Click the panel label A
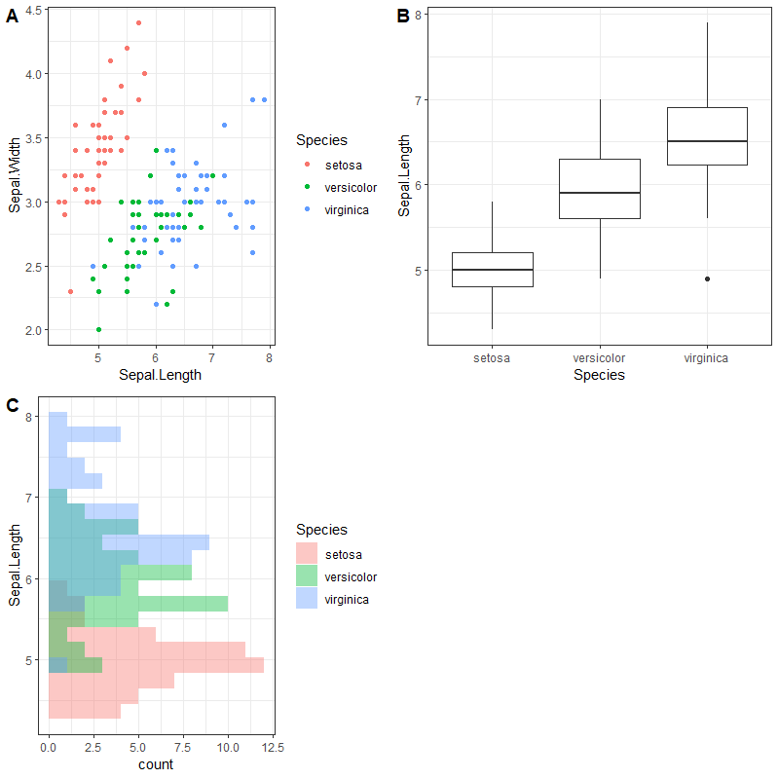(13, 16)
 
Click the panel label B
(402, 16)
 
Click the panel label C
(13, 405)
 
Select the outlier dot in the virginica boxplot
(707, 278)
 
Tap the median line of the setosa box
(493, 270)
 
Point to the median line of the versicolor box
(600, 193)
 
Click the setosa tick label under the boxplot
(493, 358)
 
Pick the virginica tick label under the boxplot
(707, 358)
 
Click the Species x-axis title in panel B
(600, 375)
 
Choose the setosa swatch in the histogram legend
(307, 555)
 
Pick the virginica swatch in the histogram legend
(307, 600)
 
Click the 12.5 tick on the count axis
(273, 747)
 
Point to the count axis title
(156, 764)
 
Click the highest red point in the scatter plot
(138, 22)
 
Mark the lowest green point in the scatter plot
(98, 329)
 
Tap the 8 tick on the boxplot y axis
(418, 15)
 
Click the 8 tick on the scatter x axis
(270, 357)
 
